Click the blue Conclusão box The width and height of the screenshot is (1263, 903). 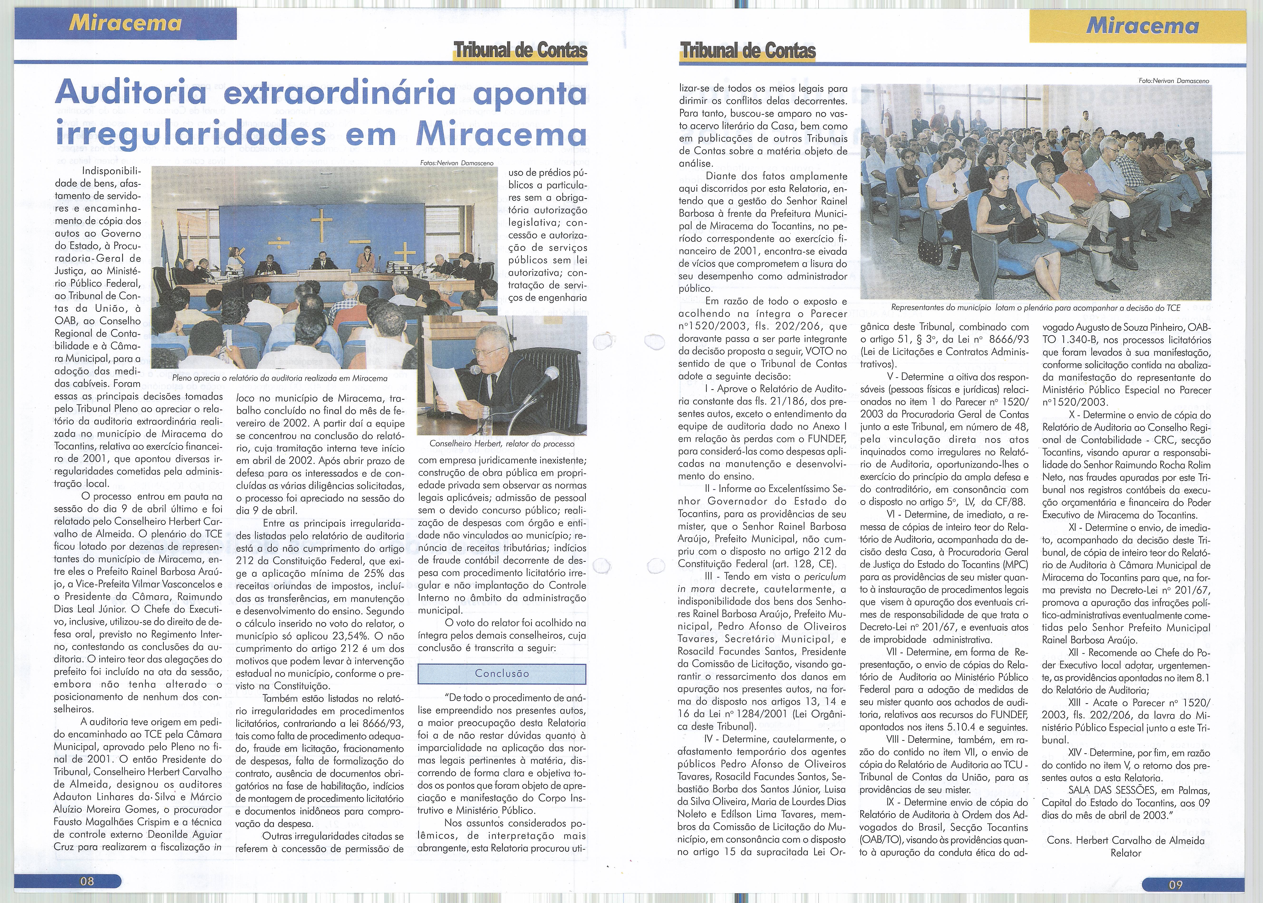pos(502,673)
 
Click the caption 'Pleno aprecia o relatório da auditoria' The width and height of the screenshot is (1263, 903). pos(280,378)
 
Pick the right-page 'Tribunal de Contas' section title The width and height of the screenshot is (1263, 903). pos(747,51)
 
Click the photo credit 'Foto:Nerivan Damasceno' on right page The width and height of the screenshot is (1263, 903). pos(1173,81)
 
